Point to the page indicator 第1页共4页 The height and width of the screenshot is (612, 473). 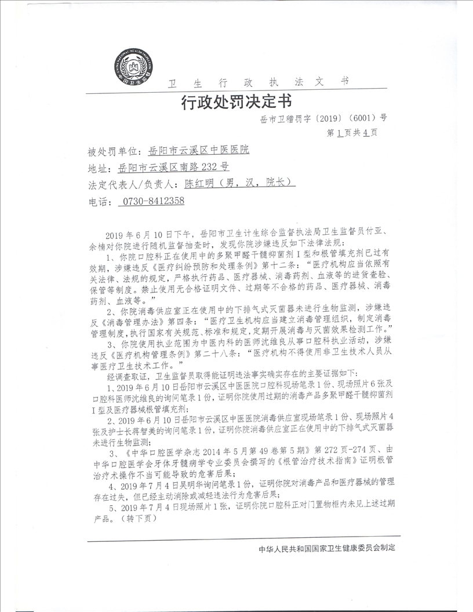click(x=352, y=133)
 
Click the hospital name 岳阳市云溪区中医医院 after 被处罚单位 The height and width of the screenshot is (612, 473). click(x=199, y=151)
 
